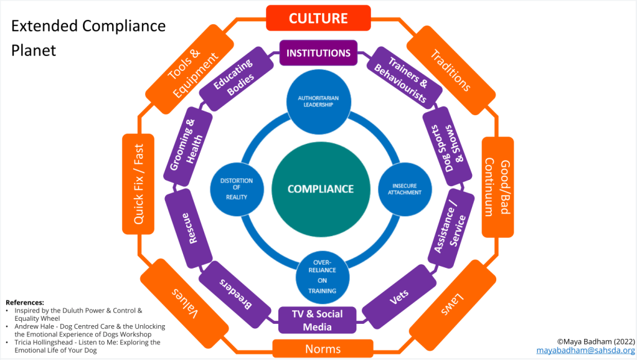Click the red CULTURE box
[x=318, y=18]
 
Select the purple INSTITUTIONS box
[x=318, y=53]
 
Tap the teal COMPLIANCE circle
[x=320, y=189]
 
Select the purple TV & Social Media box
[x=318, y=320]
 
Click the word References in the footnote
[x=25, y=302]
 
